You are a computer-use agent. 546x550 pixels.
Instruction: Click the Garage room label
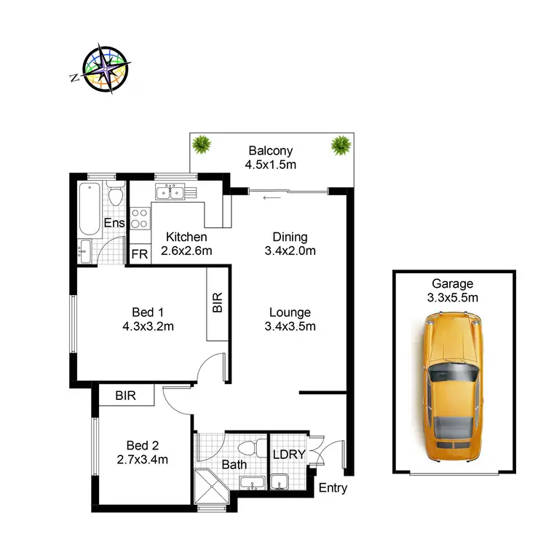(452, 284)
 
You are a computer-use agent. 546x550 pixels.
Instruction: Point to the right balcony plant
(340, 145)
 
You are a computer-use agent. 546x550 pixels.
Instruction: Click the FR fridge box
(139, 254)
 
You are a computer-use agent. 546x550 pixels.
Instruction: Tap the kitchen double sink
(170, 192)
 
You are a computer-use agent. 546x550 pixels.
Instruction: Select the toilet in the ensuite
(114, 196)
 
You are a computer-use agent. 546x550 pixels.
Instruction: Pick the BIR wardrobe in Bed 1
(216, 303)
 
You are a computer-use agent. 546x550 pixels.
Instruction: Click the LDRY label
(288, 455)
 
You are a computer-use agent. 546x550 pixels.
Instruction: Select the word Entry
(333, 488)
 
